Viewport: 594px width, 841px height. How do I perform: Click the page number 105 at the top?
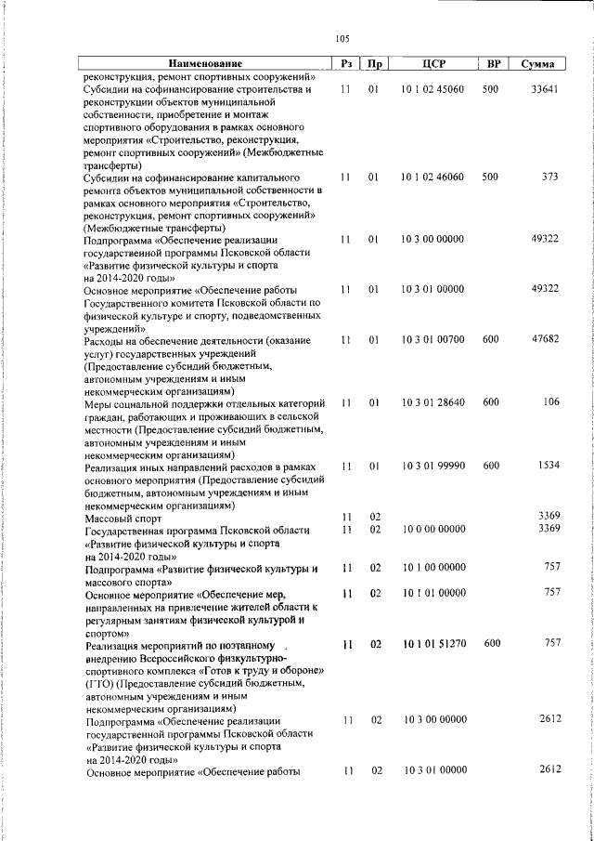tap(342, 39)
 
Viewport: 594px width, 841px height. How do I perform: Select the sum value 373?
tap(549, 177)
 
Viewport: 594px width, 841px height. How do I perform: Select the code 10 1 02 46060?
tap(433, 177)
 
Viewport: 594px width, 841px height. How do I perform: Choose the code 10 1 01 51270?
tap(433, 643)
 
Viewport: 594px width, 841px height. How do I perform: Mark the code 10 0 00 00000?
tap(433, 530)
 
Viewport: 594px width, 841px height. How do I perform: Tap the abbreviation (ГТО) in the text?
tap(99, 682)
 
